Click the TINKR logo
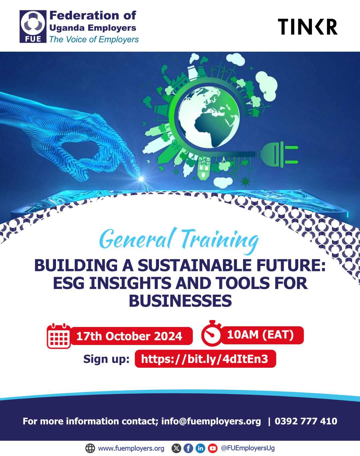click(x=307, y=27)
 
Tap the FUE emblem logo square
click(x=33, y=26)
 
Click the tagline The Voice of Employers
click(x=94, y=40)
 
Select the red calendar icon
click(x=59, y=336)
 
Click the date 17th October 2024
click(x=129, y=336)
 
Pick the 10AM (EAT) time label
click(x=260, y=335)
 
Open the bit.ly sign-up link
click(x=205, y=359)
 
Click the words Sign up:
click(x=106, y=359)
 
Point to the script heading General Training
click(x=179, y=240)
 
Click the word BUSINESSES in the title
click(x=180, y=301)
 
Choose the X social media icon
click(x=176, y=448)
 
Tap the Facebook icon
click(x=188, y=448)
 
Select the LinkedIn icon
click(x=200, y=448)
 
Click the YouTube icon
click(x=213, y=448)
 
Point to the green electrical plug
click(x=278, y=154)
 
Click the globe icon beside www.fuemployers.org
click(x=90, y=448)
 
